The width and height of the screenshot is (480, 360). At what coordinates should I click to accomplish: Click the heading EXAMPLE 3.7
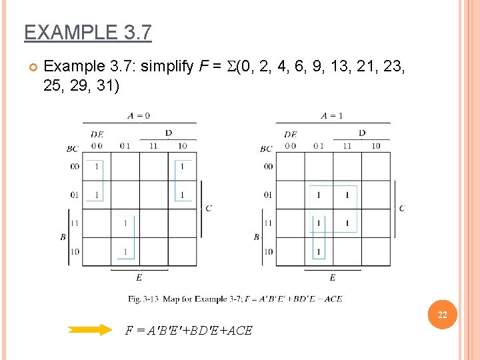tap(87, 32)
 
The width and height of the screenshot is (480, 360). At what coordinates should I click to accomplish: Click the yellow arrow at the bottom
tap(91, 329)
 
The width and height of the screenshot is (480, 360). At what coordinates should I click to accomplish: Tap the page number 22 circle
tap(442, 315)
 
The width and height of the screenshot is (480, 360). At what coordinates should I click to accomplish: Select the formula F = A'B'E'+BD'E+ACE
tap(189, 329)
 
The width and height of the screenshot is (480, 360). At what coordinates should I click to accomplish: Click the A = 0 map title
tap(139, 115)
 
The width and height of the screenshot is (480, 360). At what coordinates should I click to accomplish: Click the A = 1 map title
tap(332, 115)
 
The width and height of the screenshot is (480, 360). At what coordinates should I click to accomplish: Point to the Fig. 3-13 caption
tap(235, 299)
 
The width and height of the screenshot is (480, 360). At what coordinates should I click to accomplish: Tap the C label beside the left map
tap(209, 208)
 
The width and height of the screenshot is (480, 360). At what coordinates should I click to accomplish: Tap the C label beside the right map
tap(401, 208)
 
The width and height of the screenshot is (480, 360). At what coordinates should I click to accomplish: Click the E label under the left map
tap(139, 277)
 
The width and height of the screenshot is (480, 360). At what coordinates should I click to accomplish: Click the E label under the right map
tap(332, 277)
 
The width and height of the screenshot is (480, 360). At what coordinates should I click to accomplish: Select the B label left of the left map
tap(63, 237)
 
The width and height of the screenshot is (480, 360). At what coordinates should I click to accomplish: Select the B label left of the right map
tap(257, 237)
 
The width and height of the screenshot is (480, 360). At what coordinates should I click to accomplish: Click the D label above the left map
tap(168, 133)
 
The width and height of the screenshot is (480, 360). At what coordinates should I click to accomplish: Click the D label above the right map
tap(361, 133)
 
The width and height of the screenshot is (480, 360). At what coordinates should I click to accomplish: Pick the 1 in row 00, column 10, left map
tap(182, 167)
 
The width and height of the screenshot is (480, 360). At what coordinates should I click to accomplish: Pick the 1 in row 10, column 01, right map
tap(319, 251)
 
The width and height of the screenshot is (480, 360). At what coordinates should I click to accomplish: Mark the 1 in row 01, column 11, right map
tap(347, 195)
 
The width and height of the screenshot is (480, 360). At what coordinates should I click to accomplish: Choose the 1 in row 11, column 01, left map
tap(125, 223)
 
